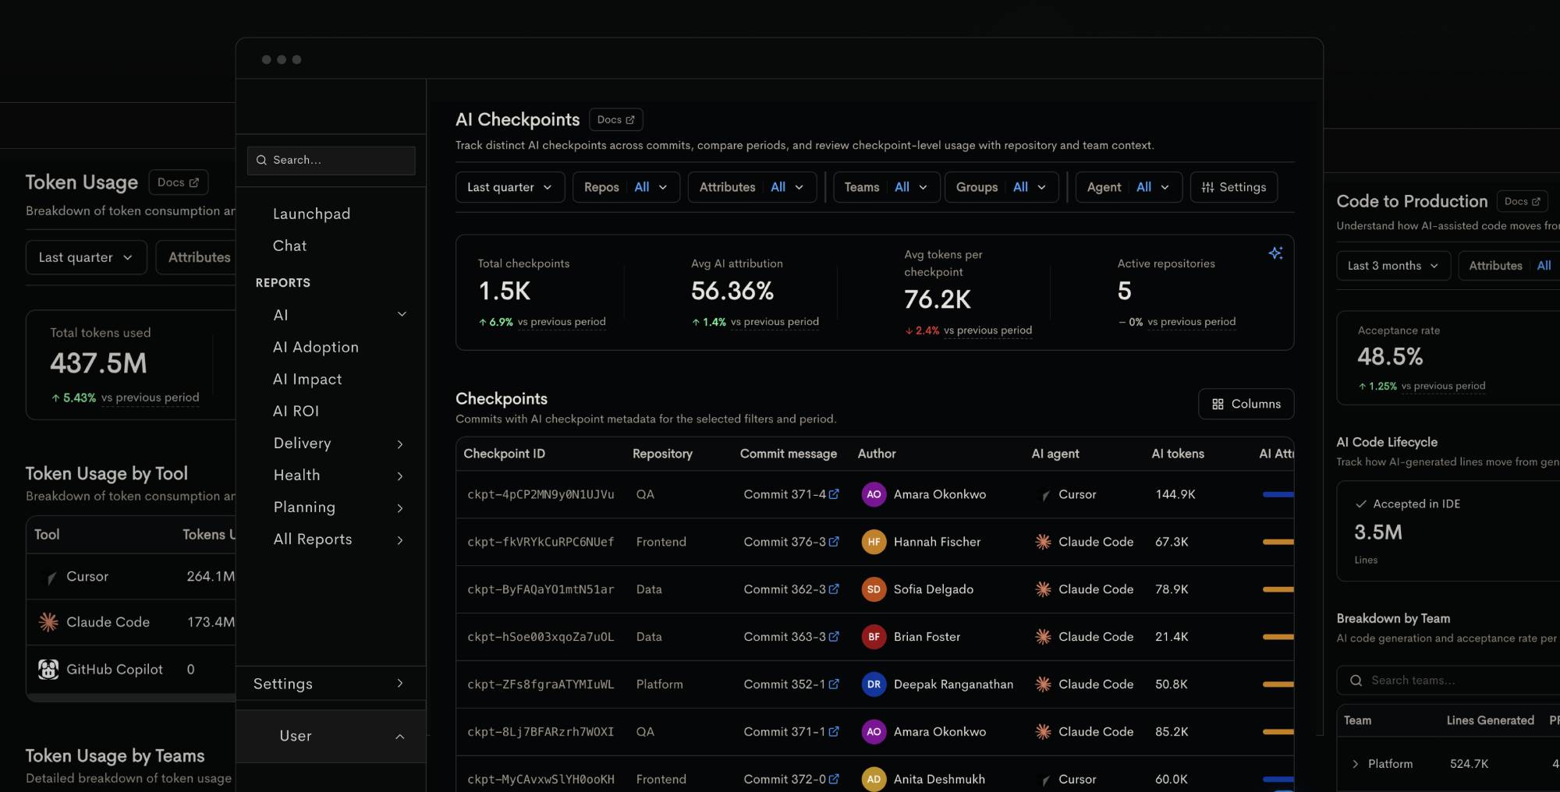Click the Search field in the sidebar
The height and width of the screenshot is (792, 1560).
(331, 160)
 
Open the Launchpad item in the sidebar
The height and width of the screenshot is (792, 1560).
(311, 214)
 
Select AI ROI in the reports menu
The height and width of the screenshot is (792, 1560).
(296, 411)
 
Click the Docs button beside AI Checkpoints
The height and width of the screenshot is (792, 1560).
(616, 119)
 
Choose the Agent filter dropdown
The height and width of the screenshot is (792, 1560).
(1129, 187)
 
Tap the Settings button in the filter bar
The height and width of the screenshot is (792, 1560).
(1234, 187)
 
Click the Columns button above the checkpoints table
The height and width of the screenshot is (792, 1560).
(1246, 404)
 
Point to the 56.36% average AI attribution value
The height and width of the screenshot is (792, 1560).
(732, 291)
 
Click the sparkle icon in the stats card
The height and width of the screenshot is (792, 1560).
(1276, 253)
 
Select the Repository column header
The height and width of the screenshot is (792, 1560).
(662, 454)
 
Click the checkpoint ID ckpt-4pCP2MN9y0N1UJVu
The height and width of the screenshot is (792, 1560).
(541, 494)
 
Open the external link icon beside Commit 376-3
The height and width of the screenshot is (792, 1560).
(834, 541)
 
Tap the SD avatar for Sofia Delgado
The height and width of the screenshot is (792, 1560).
(874, 589)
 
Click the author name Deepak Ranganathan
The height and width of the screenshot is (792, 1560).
(953, 684)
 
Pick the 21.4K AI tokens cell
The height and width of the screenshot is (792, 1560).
(1172, 637)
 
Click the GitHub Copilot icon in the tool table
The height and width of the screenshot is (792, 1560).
(48, 669)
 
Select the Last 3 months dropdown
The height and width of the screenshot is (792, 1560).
(1393, 266)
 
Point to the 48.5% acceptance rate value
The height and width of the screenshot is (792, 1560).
(1390, 357)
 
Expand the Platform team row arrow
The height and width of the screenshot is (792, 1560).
(1355, 764)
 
